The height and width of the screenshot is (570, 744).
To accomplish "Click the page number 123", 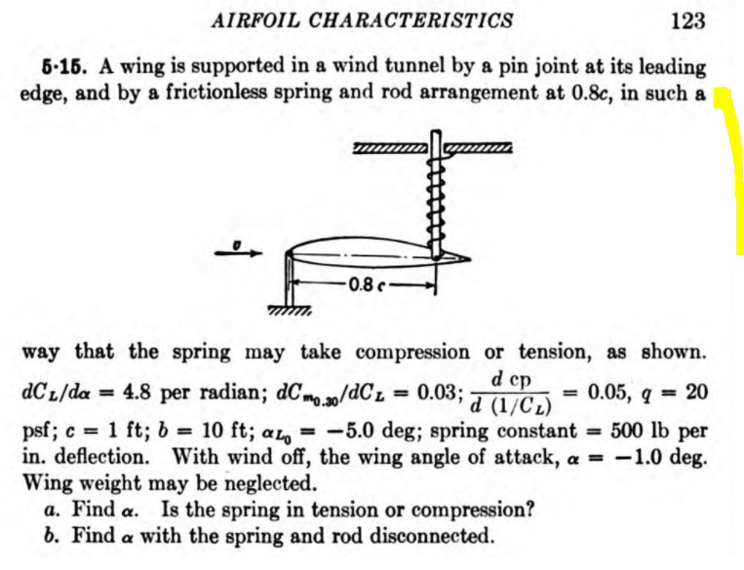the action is pos(687,20).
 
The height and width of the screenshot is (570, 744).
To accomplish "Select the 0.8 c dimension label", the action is pos(363,285).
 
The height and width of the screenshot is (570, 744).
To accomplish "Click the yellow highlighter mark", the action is pos(733,171).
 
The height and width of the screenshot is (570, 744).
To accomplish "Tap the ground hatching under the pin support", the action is pos(288,312).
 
